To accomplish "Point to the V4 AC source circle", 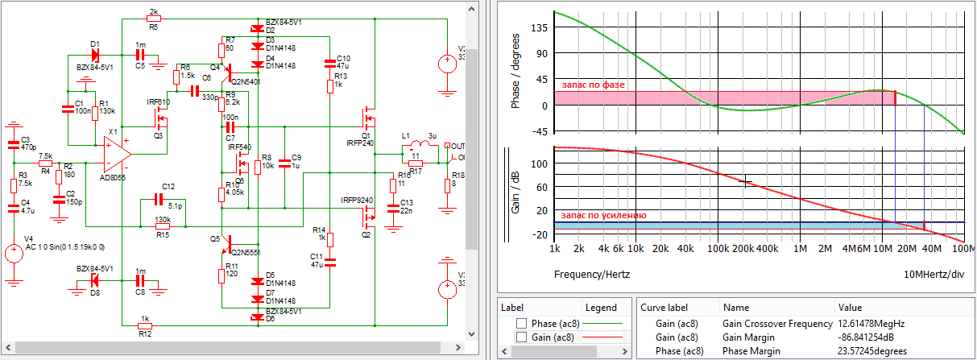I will tap(14, 253).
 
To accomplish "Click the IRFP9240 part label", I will tap(355, 200).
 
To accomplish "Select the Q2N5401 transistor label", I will tap(245, 81).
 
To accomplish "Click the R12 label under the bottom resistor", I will tap(145, 333).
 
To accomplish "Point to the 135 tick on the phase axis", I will tap(538, 27).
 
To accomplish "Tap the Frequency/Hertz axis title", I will tap(592, 274).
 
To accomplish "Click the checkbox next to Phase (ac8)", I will tap(521, 324).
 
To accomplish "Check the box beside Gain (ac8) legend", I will tap(521, 337).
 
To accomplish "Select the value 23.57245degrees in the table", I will tap(873, 351).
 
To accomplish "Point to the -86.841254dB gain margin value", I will tap(874, 337).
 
